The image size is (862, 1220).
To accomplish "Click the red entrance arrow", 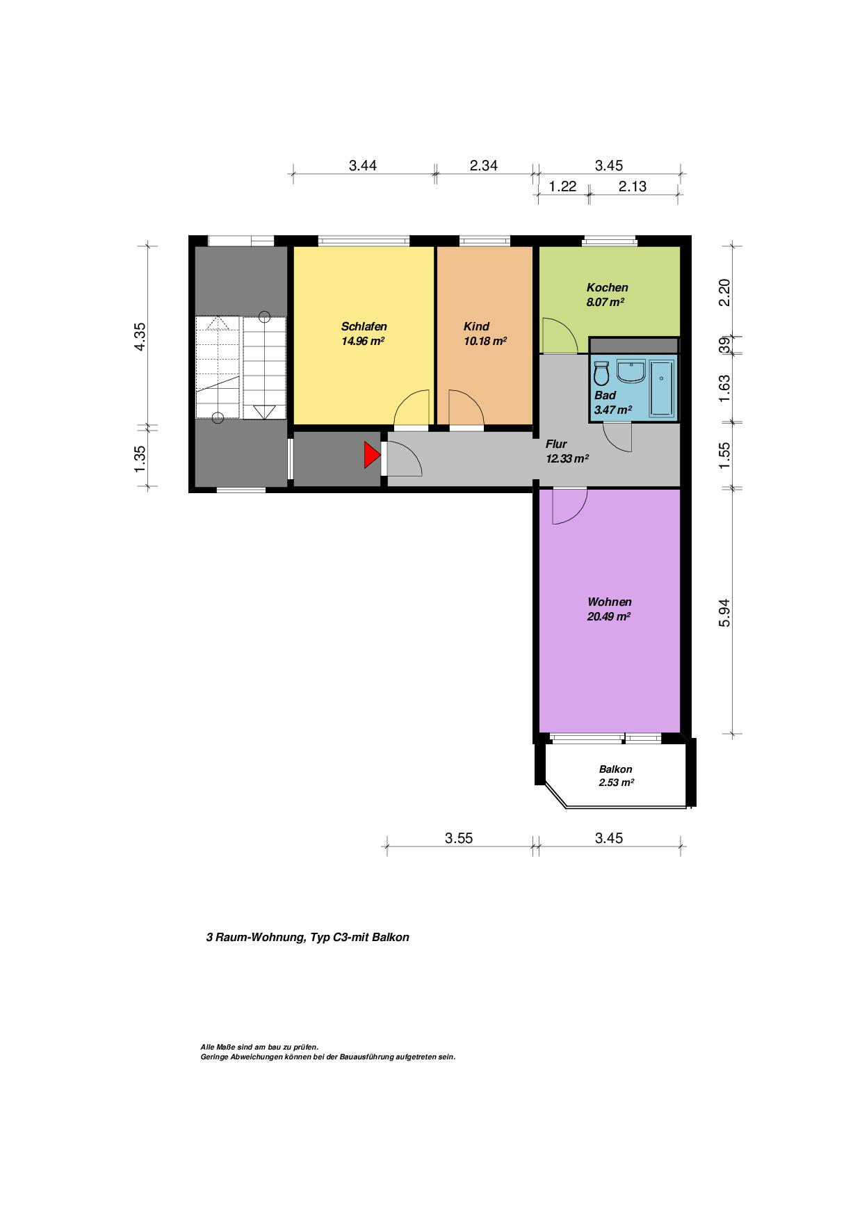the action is coord(372,456).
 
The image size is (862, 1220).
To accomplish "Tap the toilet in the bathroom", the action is coord(601,374).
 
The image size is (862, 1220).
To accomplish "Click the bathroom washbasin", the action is coord(631,371).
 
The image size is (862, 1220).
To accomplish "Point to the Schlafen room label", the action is coord(364,326).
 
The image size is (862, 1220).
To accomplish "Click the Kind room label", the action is coord(476,326).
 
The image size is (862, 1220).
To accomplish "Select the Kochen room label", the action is coord(607,287).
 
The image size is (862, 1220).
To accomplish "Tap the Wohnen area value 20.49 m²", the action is coord(609,616).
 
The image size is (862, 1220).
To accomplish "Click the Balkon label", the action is coord(616,769).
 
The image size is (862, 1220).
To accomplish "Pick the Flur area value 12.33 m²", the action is coord(567,458).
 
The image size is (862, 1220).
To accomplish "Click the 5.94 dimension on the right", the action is coord(724,612).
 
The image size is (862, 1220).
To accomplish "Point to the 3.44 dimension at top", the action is coord(363,166).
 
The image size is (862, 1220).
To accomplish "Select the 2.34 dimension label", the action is coord(484,166).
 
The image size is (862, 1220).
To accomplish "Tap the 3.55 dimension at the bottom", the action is coord(459,838).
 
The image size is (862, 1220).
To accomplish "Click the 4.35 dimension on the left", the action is coord(140,337).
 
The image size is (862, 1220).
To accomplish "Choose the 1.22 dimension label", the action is coord(562,186).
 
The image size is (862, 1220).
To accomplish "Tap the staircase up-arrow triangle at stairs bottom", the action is coord(264,412).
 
